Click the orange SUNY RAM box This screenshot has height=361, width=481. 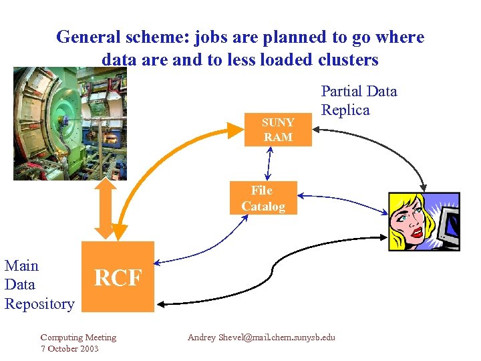coord(278,130)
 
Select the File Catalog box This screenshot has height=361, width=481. coord(263,199)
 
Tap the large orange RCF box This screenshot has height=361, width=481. coord(118,277)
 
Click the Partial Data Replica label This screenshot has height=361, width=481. coord(359,101)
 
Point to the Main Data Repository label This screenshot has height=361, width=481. coord(39,285)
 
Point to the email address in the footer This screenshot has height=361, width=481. coord(261,338)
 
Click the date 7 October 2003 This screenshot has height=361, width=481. coord(69,349)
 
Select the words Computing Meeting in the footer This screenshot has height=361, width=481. coord(78,338)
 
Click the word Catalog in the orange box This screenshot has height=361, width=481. coord(263,207)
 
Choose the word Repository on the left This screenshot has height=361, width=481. coord(39,304)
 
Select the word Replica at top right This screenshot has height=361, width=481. coord(345,110)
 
